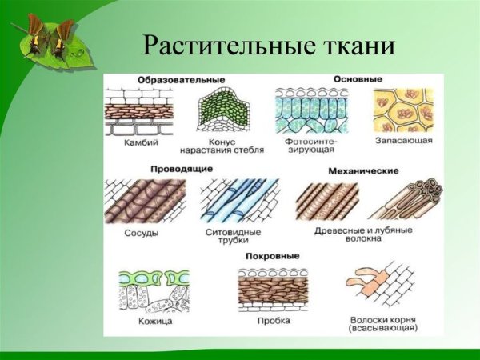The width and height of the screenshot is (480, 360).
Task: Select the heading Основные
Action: (x=357, y=79)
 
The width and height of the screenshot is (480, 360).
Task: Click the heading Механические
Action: (x=358, y=170)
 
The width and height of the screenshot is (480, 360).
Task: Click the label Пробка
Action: (x=274, y=322)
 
